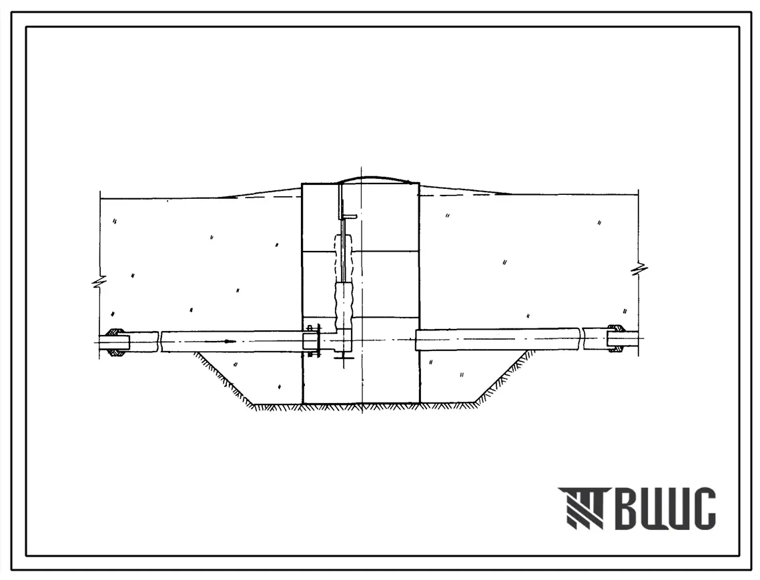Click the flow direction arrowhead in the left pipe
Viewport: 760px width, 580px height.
pyautogui.click(x=230, y=342)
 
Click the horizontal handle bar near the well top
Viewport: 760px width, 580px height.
pyautogui.click(x=350, y=216)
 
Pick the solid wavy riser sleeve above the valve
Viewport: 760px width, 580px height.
pyautogui.click(x=345, y=306)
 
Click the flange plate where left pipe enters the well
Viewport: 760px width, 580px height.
pyautogui.click(x=317, y=341)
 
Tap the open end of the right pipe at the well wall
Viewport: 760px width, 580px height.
pyautogui.click(x=417, y=340)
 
